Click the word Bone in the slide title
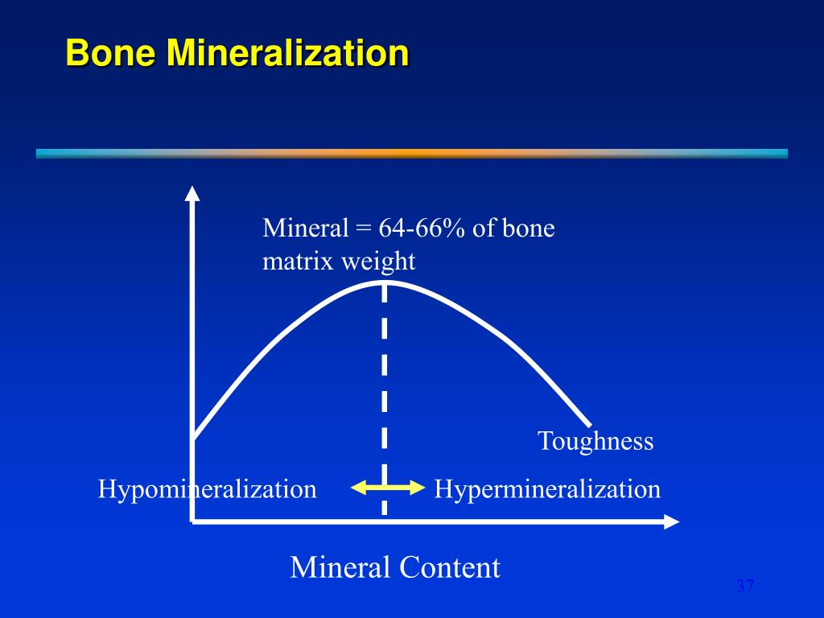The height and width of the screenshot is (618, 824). click(x=112, y=54)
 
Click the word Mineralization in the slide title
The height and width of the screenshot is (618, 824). click(x=287, y=54)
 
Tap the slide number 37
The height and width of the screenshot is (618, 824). click(x=745, y=586)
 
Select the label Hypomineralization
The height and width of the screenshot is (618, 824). click(x=207, y=488)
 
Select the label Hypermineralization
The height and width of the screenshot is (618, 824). click(x=547, y=488)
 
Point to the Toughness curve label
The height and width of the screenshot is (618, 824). click(x=595, y=441)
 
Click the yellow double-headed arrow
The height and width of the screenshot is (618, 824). click(x=388, y=487)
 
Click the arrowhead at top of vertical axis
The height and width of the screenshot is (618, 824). click(x=192, y=193)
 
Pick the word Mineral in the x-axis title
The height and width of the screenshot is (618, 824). click(x=337, y=567)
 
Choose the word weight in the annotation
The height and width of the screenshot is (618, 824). click(x=381, y=261)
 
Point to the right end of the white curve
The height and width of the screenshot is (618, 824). click(x=590, y=422)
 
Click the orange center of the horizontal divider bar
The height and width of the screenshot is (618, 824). click(x=412, y=153)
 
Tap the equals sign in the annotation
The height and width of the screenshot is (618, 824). click(x=360, y=229)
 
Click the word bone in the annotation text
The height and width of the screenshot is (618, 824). click(x=529, y=229)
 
